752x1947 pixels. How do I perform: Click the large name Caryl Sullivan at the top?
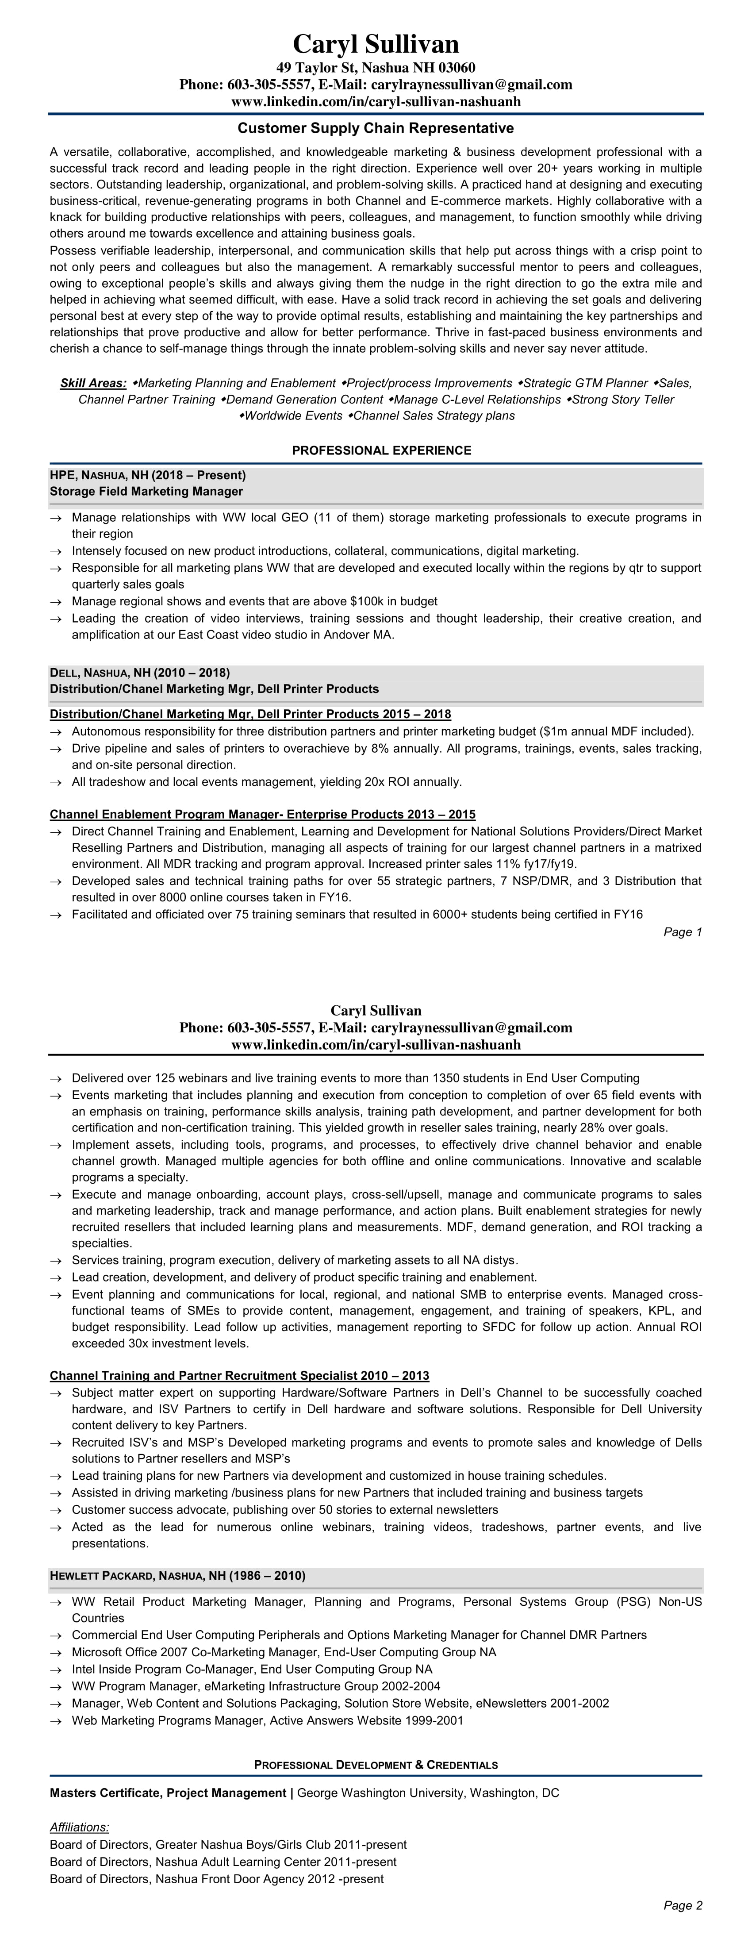[x=376, y=44]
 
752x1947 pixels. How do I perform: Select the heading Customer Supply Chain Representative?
[x=376, y=128]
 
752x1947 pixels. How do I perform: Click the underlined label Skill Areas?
[x=93, y=383]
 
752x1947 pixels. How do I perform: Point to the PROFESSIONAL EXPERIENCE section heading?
[x=382, y=450]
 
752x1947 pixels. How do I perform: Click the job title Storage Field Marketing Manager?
[x=146, y=491]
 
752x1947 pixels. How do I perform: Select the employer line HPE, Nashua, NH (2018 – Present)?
[x=147, y=475]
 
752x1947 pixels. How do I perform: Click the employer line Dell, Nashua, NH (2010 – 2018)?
[x=140, y=673]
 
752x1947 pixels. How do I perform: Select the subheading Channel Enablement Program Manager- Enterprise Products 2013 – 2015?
[x=262, y=814]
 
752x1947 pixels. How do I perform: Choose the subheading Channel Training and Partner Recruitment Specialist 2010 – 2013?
[x=239, y=1376]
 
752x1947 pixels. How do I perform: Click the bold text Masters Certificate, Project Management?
[x=168, y=1793]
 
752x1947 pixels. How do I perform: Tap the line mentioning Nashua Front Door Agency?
[x=216, y=1878]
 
